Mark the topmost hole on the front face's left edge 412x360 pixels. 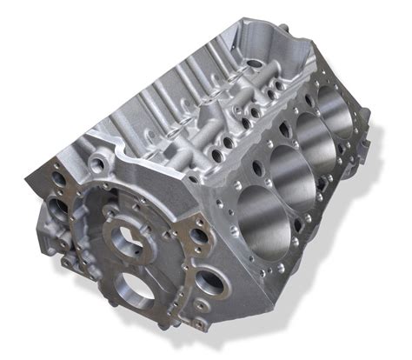coord(59,182)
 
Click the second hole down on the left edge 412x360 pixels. coord(56,208)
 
